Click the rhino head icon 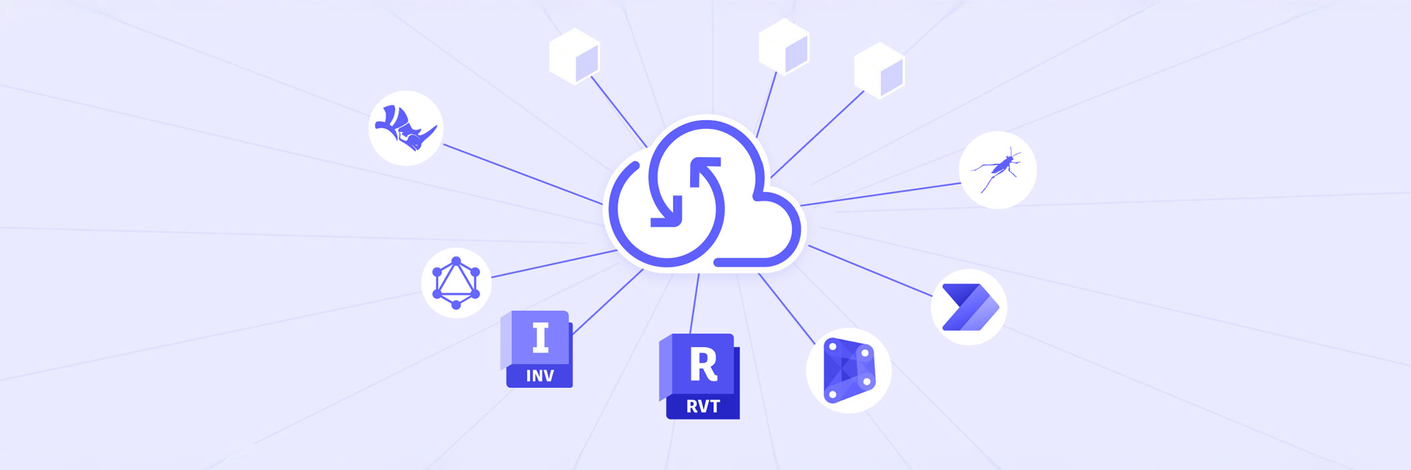(x=405, y=128)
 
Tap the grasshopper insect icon (x=998, y=169)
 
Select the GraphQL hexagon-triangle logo (x=456, y=283)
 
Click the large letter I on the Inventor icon (x=541, y=338)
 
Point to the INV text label (x=540, y=376)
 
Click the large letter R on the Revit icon (x=703, y=365)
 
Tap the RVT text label (x=703, y=406)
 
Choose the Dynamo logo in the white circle (x=849, y=370)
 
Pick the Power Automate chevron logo (x=969, y=308)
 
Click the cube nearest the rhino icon (x=574, y=56)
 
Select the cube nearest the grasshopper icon (x=880, y=70)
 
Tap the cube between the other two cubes (x=783, y=46)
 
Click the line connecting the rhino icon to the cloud (x=523, y=174)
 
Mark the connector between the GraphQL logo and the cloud (x=554, y=264)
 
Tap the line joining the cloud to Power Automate (x=871, y=271)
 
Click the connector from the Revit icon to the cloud (x=695, y=303)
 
